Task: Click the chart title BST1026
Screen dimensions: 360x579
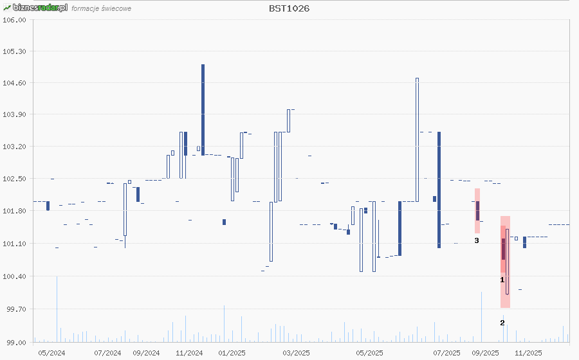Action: (x=289, y=9)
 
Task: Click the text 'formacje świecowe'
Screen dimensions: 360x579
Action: (x=102, y=9)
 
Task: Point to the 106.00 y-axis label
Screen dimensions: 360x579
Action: (x=15, y=20)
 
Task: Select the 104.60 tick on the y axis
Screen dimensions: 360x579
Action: (x=15, y=83)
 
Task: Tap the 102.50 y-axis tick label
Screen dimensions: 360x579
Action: (x=15, y=179)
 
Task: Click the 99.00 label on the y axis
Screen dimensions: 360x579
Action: (x=15, y=342)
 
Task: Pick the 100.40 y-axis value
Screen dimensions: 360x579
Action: (x=15, y=276)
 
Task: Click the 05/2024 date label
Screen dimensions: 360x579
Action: (x=51, y=353)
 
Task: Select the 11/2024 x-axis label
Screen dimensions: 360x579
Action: (x=189, y=353)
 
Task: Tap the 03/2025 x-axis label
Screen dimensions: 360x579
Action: (x=297, y=353)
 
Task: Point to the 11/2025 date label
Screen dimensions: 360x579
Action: (x=528, y=353)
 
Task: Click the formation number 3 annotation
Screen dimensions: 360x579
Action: (x=477, y=240)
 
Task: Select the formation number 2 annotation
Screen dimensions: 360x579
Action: (x=502, y=322)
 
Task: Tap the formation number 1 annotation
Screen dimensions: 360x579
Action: (x=502, y=280)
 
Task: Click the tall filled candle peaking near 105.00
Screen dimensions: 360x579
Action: (x=203, y=109)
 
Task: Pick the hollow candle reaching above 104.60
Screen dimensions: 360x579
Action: (x=417, y=139)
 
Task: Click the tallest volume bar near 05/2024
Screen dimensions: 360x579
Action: (x=57, y=309)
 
